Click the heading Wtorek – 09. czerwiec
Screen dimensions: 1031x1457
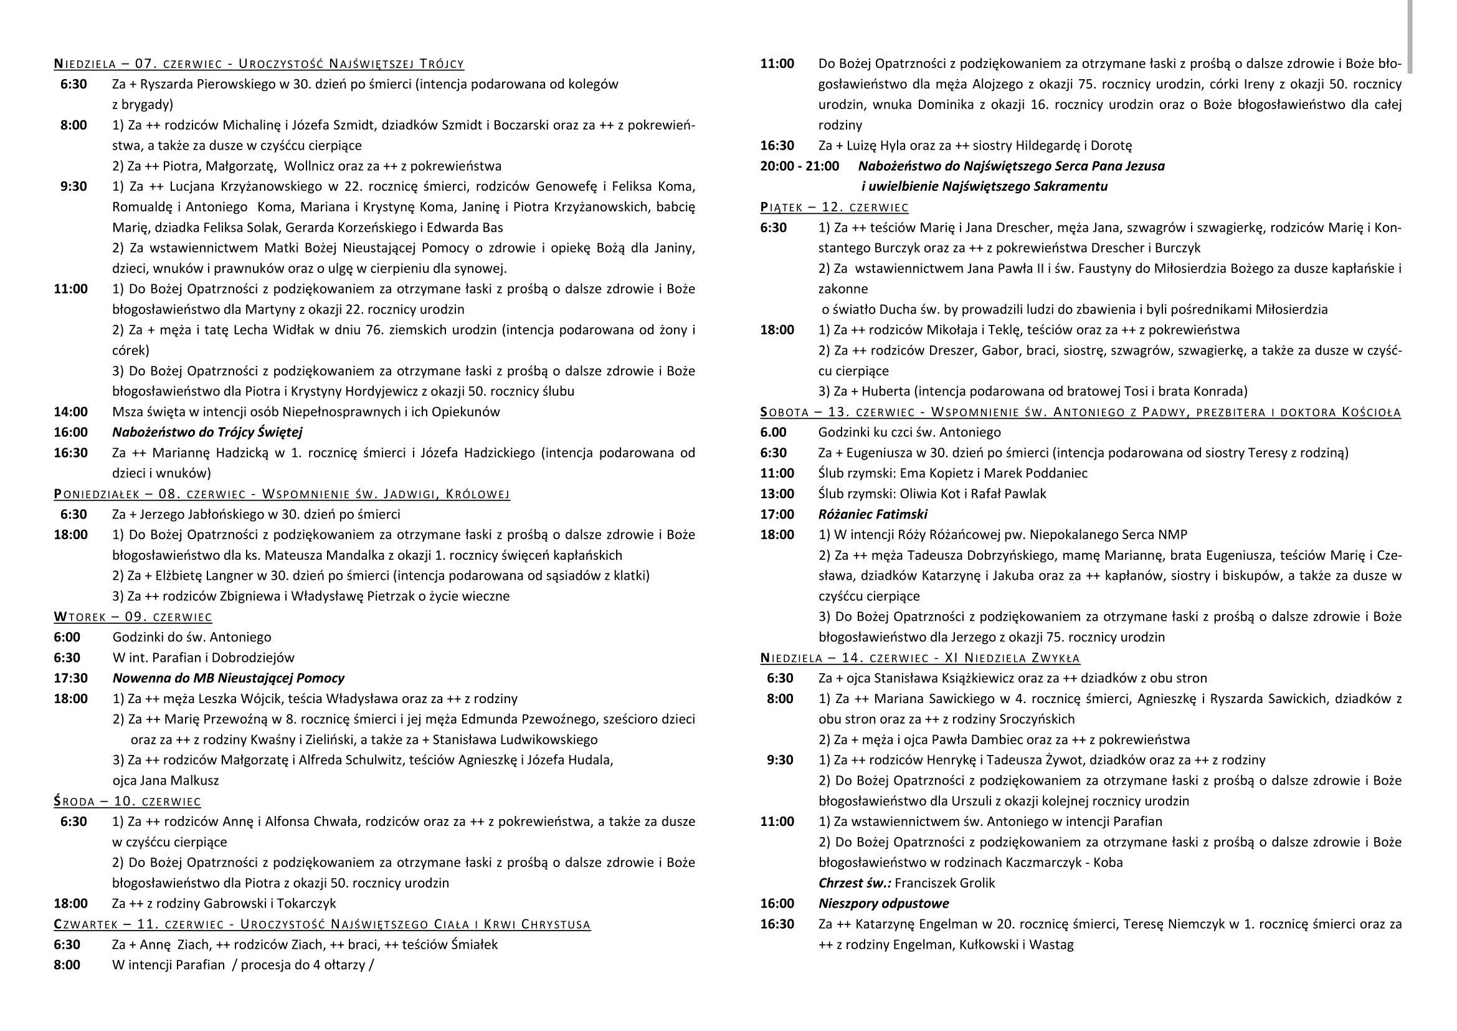(x=133, y=617)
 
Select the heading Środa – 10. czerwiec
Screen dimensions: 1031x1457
(x=127, y=801)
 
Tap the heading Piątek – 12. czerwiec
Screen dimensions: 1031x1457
(x=834, y=208)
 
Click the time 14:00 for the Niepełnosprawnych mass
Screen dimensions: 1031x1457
(x=70, y=412)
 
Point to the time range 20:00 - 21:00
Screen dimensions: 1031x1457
(x=800, y=166)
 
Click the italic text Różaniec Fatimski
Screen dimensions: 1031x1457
(x=873, y=514)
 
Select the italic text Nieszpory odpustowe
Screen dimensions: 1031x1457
(x=883, y=903)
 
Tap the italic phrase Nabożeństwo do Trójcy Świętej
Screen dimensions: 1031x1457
(x=207, y=433)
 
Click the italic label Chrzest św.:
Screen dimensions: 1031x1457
(x=855, y=883)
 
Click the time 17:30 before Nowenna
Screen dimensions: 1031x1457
(x=70, y=678)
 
